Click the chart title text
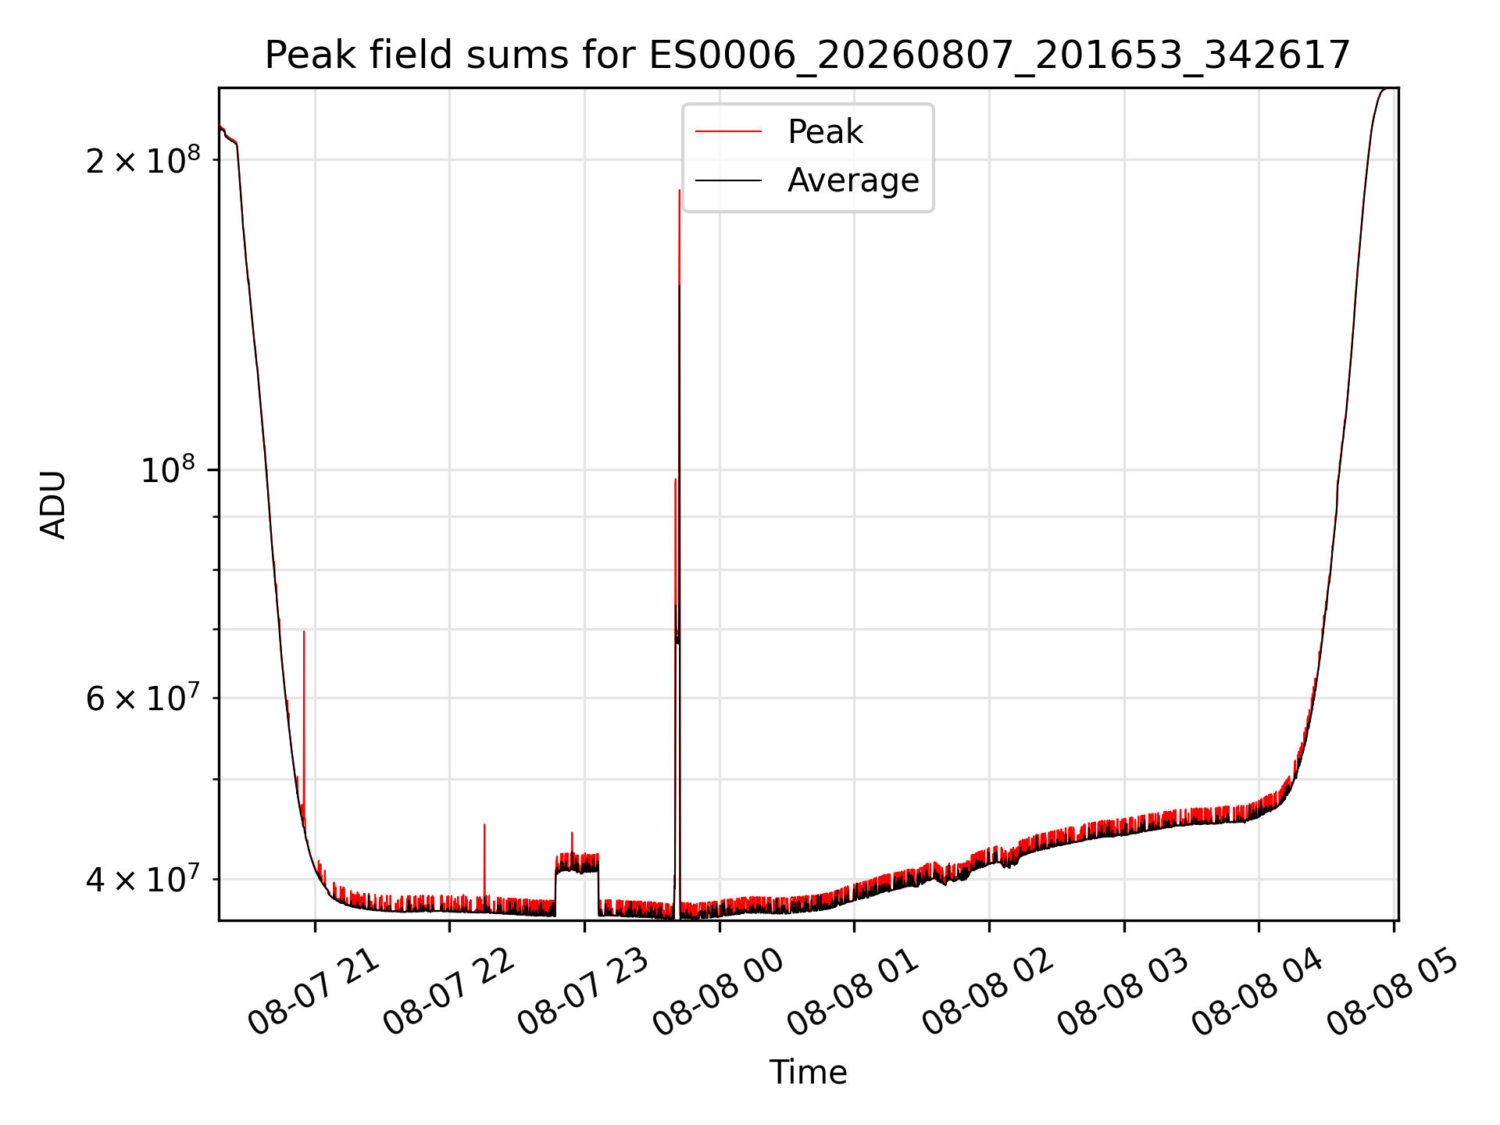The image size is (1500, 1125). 808,55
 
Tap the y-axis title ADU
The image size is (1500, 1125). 53,505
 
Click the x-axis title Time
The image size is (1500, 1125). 808,1073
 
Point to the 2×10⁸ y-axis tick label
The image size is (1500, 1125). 143,160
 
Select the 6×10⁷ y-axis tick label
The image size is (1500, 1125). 143,698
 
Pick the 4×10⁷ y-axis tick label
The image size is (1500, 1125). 143,879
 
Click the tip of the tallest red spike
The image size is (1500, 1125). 680,190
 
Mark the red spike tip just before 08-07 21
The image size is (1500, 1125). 304,631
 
